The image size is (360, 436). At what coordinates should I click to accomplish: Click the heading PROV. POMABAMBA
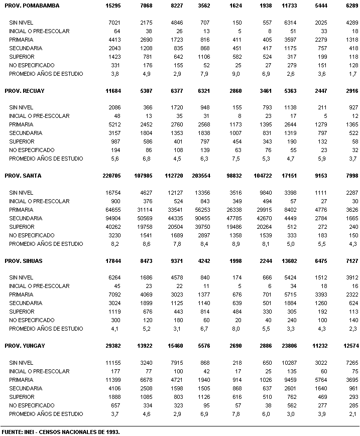coord(32,6)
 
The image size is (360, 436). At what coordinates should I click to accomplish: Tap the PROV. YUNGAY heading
coord(25,346)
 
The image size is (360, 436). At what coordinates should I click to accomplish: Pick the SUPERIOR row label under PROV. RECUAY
coord(22,141)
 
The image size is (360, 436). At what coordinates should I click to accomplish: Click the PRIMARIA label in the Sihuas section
coord(21,295)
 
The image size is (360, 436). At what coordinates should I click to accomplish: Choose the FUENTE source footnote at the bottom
coord(61,431)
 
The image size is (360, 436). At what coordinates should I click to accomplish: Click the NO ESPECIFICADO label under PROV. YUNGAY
coord(32,405)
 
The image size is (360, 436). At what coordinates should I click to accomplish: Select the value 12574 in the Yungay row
coord(348,346)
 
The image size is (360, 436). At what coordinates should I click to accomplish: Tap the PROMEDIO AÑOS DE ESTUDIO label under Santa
coord(46,244)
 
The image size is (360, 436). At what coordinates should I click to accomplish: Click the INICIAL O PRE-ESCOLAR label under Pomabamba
coord(39,31)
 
